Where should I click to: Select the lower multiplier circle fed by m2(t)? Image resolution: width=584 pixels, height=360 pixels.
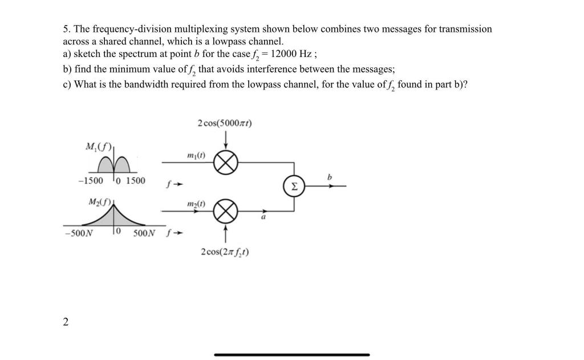click(225, 212)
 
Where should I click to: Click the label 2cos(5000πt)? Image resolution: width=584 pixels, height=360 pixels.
click(226, 123)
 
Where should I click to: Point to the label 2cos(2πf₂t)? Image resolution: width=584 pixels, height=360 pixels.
click(225, 252)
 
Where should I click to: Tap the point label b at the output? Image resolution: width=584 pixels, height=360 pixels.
click(328, 178)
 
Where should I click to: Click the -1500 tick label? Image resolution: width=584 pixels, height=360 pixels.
click(91, 181)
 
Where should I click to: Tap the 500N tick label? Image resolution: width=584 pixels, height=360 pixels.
click(144, 233)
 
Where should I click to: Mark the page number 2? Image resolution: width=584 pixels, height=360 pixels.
click(66, 322)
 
